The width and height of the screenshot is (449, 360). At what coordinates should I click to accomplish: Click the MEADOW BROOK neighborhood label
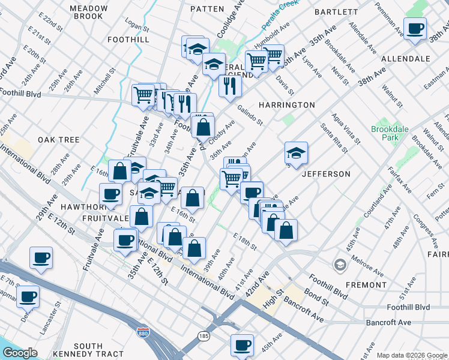(88, 13)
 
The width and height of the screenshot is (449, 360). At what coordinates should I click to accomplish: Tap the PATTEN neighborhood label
(206, 9)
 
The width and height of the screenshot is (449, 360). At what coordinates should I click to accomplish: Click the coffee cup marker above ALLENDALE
(415, 29)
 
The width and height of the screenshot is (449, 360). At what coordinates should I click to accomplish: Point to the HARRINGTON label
(286, 105)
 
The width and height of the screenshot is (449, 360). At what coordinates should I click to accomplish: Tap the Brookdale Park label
(385, 133)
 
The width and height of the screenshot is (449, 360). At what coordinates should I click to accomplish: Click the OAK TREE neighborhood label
(59, 140)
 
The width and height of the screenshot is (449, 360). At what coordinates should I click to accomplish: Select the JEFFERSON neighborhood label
(325, 174)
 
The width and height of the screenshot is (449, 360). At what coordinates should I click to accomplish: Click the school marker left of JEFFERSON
(296, 153)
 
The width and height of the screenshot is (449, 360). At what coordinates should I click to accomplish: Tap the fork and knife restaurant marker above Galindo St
(230, 86)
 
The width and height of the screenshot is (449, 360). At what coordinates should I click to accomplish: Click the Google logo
(20, 353)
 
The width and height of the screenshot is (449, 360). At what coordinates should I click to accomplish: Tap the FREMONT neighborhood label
(366, 285)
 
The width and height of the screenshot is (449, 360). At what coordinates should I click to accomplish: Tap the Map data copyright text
(412, 355)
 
